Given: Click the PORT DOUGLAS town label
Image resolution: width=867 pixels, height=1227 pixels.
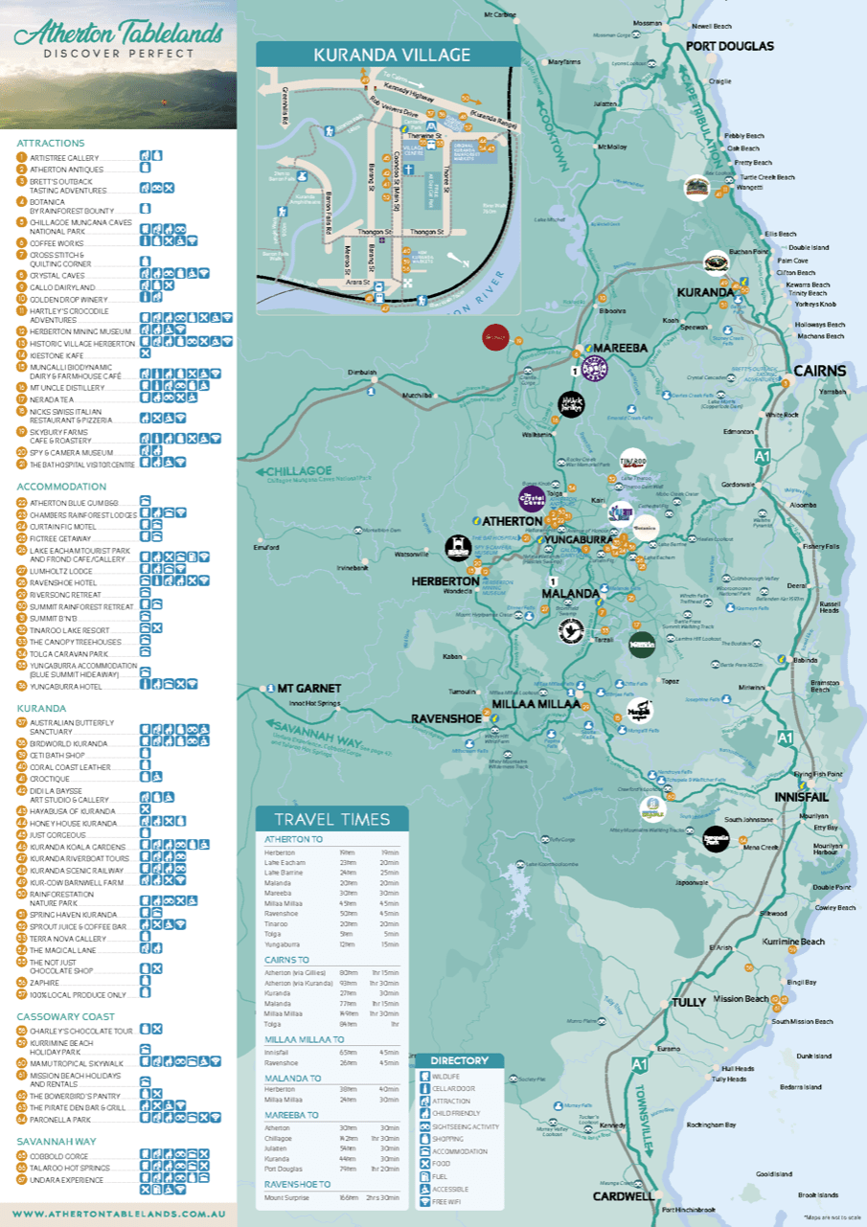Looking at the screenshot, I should [x=729, y=45].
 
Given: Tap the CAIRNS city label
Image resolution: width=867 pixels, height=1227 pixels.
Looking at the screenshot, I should [x=819, y=371].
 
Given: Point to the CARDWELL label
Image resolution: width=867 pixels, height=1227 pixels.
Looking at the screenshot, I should [x=623, y=1195].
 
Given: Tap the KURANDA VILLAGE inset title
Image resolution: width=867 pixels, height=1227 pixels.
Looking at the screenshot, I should [x=387, y=56].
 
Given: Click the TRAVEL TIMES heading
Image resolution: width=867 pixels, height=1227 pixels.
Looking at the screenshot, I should [x=331, y=819].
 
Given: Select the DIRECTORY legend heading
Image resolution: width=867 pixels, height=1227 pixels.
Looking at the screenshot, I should [x=459, y=1060].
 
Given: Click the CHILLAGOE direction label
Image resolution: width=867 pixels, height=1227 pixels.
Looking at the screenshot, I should [x=300, y=471].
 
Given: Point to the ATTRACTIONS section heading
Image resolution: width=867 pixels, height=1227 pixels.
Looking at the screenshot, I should [x=50, y=143].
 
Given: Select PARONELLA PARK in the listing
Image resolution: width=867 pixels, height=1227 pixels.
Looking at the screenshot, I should [x=59, y=1119].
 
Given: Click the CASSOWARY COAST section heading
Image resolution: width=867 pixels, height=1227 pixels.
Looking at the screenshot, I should [x=65, y=1016].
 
